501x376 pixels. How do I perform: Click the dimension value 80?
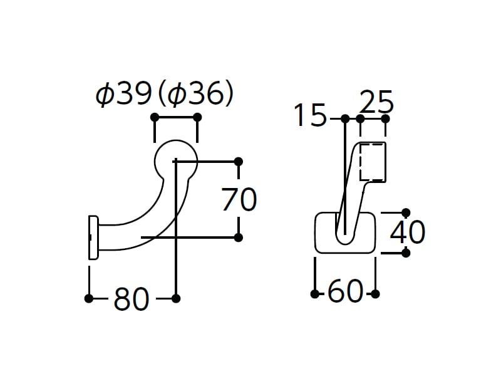click(x=132, y=299)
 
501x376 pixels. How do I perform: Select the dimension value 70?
click(x=239, y=199)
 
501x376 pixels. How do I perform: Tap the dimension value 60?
click(x=346, y=291)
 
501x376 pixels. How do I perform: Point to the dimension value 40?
click(x=408, y=232)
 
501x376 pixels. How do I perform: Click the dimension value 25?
click(x=377, y=102)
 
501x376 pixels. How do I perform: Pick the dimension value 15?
click(x=310, y=115)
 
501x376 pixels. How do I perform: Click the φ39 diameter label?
click(x=123, y=93)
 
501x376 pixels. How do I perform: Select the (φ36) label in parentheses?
click(x=196, y=93)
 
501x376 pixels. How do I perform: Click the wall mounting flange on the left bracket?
click(x=93, y=238)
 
